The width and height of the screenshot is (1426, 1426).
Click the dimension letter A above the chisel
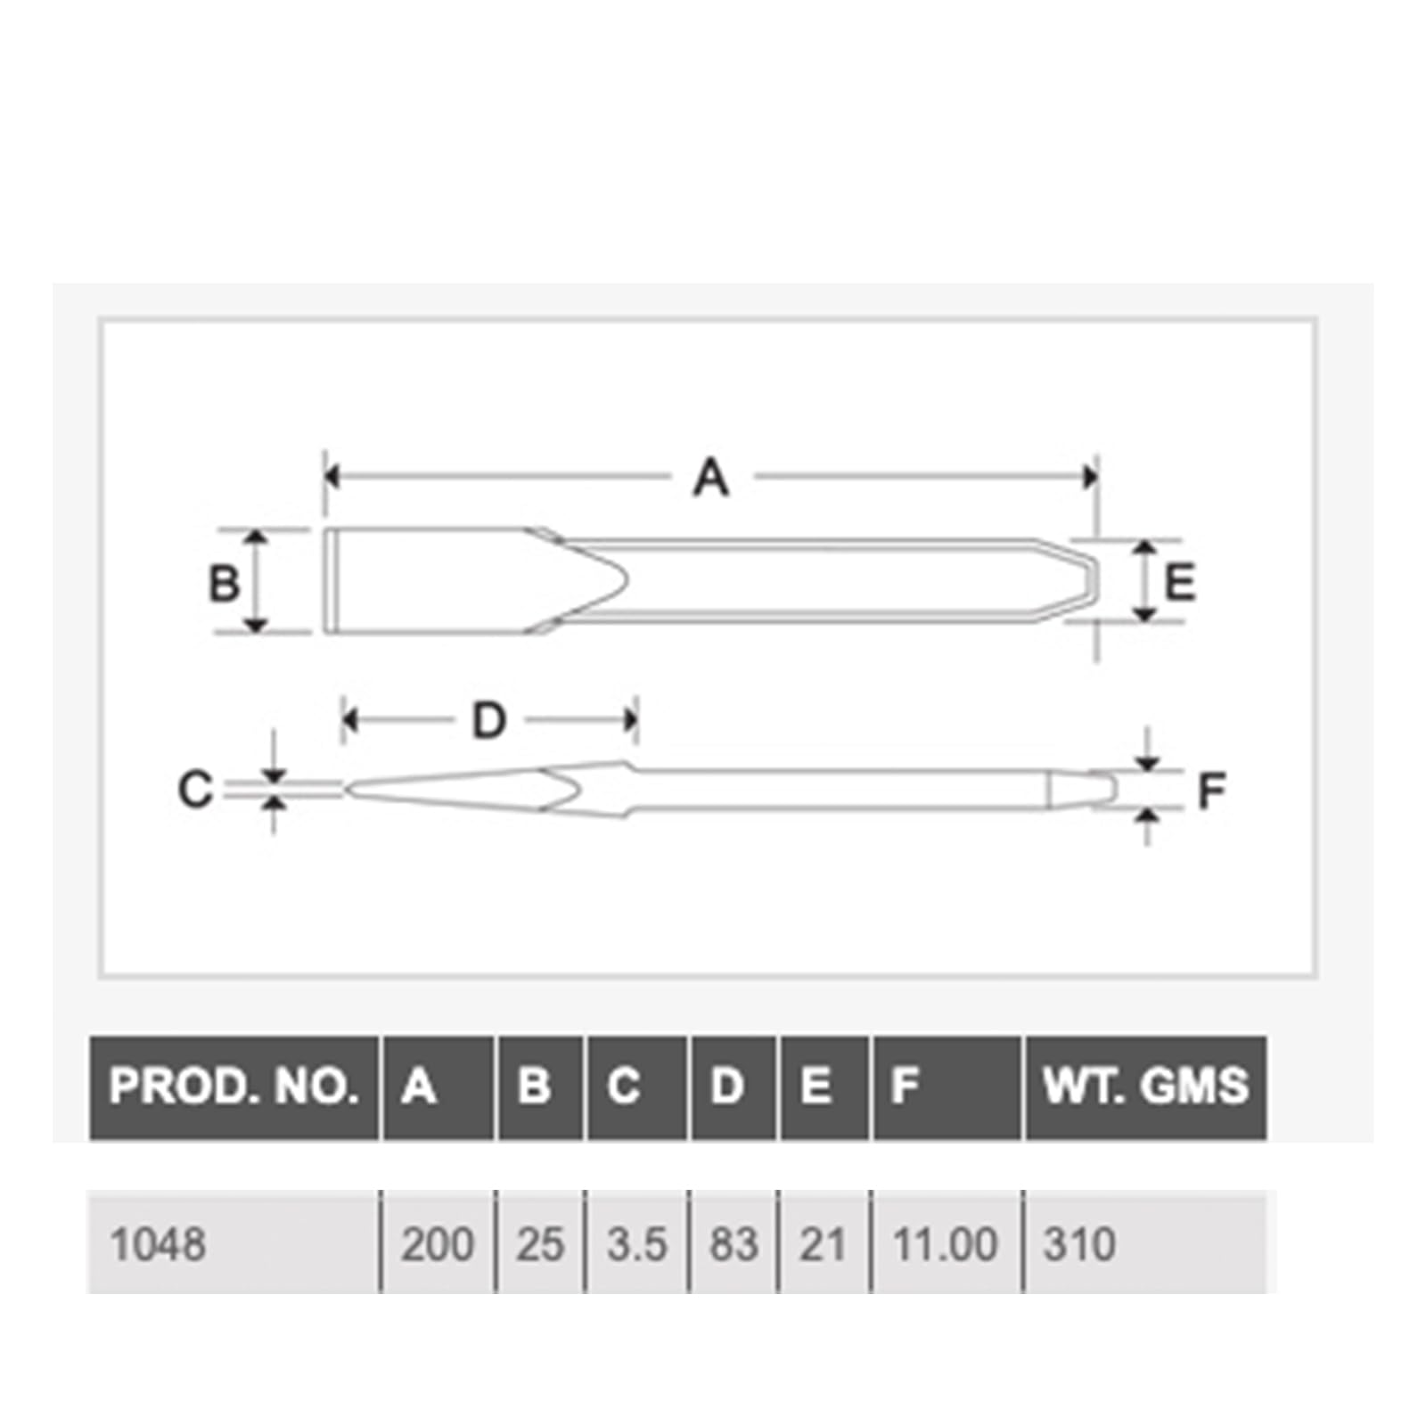[x=711, y=478]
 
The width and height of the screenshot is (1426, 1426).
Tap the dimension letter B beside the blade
[x=223, y=584]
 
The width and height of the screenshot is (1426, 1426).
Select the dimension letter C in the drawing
[x=195, y=790]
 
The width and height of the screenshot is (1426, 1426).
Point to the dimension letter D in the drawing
[x=488, y=720]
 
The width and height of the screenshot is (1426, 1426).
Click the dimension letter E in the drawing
[x=1180, y=583]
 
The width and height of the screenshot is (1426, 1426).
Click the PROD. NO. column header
[x=234, y=1086]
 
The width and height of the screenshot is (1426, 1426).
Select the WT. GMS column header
[x=1146, y=1086]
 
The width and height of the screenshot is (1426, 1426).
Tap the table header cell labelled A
[x=438, y=1086]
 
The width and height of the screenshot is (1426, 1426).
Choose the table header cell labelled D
[x=733, y=1086]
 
